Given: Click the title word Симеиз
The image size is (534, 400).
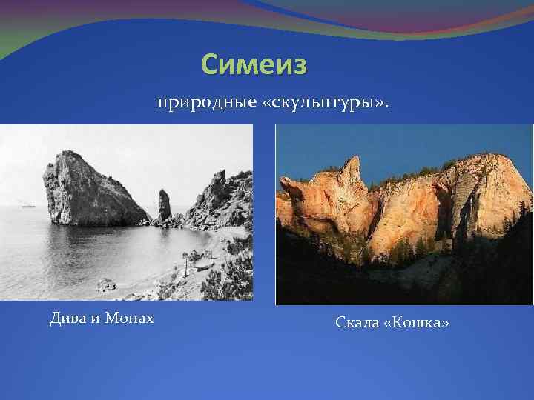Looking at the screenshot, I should [254, 65].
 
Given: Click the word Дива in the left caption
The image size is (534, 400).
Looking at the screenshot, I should [67, 319].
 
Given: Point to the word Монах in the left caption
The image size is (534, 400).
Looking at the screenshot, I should [129, 319].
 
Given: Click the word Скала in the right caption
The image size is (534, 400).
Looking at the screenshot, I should [359, 323].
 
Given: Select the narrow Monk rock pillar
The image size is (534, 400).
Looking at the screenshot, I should [164, 205].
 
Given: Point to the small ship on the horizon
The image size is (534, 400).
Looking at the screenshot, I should [27, 206].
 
